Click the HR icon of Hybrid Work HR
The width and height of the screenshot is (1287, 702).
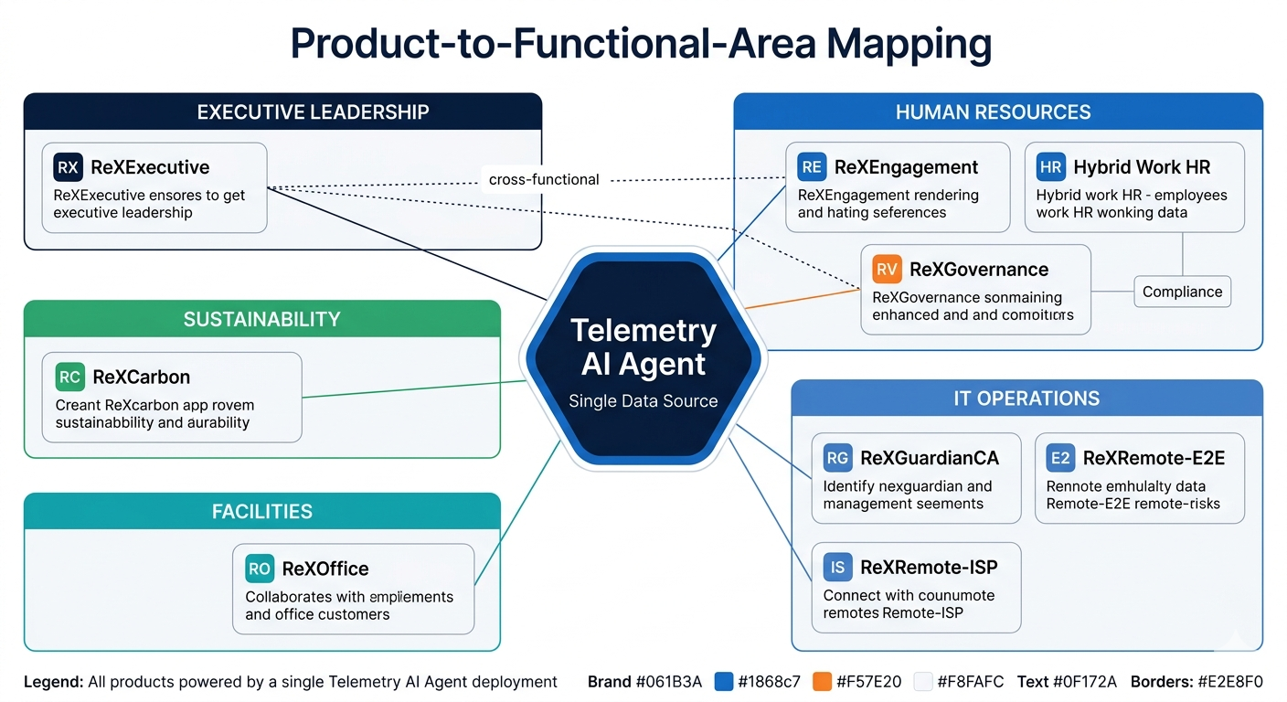coord(1050,167)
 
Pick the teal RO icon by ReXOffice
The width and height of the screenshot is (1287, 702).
coord(260,569)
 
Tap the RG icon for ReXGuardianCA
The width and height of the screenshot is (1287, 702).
coord(837,458)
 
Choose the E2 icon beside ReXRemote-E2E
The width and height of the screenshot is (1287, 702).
coord(1060,458)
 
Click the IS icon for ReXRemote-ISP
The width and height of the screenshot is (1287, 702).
coord(837,568)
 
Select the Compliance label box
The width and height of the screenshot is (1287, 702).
coord(1182,292)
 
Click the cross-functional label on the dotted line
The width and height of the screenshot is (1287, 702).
coord(544,179)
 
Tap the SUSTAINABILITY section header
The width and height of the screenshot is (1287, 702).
coord(261,319)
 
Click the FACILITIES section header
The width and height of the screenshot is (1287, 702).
coord(261,511)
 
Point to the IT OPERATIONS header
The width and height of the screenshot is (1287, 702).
coord(1026,399)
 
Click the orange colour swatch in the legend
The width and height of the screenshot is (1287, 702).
coord(822,682)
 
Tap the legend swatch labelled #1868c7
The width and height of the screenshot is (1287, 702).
coord(724,682)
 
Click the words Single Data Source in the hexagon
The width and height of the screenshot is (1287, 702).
coord(643,400)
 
